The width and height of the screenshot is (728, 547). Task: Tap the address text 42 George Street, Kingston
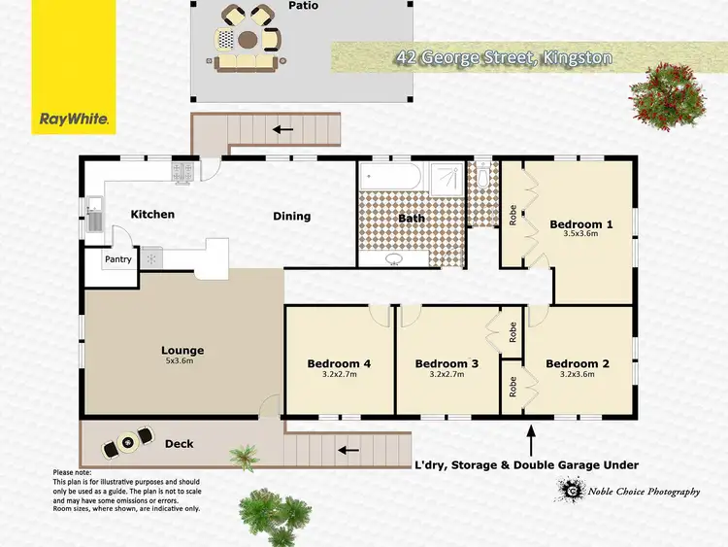click(x=504, y=57)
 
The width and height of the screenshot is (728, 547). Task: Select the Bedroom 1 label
click(x=580, y=223)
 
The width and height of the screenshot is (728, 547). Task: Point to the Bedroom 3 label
click(x=447, y=364)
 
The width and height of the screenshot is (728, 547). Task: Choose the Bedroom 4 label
click(x=339, y=364)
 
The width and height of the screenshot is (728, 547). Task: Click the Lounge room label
click(x=182, y=351)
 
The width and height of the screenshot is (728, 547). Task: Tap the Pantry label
click(x=118, y=259)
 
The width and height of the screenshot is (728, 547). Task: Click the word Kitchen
click(x=152, y=214)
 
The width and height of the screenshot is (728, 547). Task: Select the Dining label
click(x=291, y=216)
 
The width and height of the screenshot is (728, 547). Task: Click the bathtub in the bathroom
click(x=390, y=179)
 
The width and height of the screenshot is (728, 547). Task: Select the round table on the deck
click(x=125, y=443)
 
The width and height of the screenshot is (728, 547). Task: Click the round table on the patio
click(x=248, y=40)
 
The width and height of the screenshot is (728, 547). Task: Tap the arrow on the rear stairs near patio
click(x=282, y=128)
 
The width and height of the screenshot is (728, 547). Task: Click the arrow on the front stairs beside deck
click(x=345, y=449)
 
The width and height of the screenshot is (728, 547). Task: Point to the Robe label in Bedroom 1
click(x=511, y=214)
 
